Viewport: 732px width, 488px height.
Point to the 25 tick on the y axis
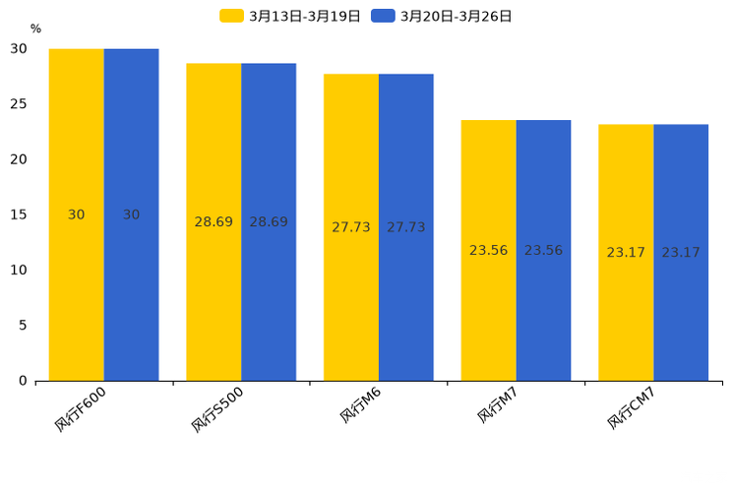click(19, 104)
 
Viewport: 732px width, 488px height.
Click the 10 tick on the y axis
click(19, 270)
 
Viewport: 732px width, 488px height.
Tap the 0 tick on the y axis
click(23, 381)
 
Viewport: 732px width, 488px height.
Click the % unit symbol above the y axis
click(35, 30)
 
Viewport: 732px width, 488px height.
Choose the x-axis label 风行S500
click(218, 409)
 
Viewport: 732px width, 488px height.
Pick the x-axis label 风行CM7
click(632, 408)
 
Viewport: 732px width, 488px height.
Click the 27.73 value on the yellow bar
click(351, 227)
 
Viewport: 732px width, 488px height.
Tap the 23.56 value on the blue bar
click(543, 251)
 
